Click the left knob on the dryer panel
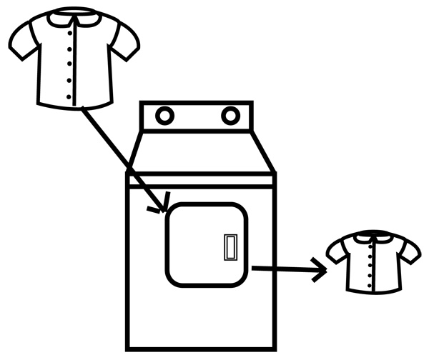pos(164,116)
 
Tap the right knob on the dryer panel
pos(230,115)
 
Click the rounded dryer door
pos(200,243)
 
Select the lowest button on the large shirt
pos(69,96)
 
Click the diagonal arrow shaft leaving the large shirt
pos(122,157)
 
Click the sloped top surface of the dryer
pos(200,154)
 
